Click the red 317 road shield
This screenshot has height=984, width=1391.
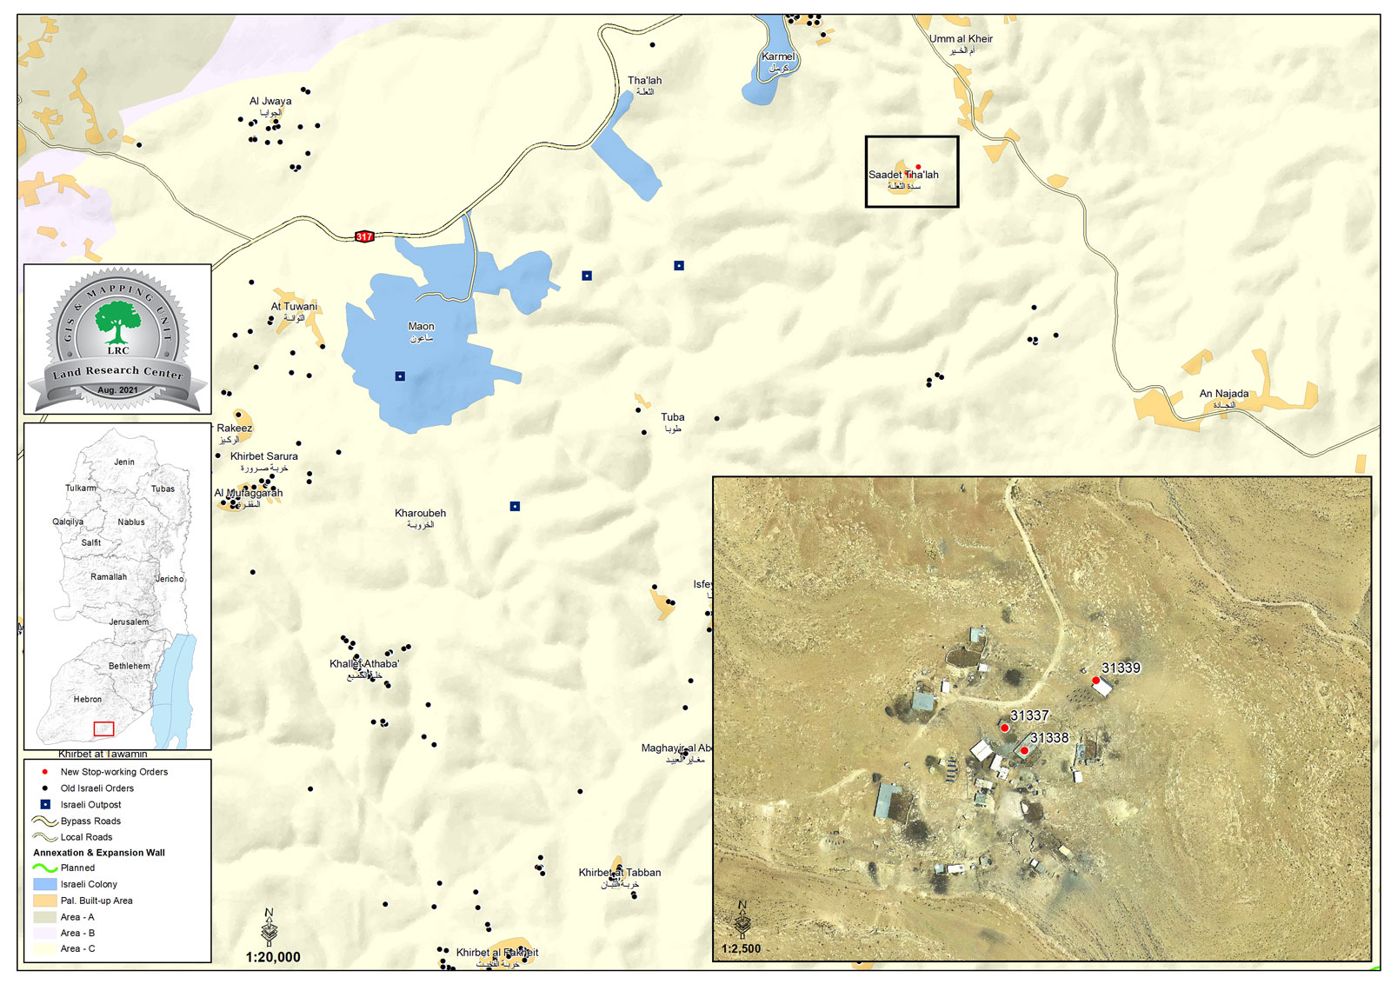[364, 236]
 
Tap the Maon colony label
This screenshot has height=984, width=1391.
[421, 327]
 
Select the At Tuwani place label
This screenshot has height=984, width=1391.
[294, 306]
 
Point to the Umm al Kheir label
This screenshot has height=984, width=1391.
[961, 39]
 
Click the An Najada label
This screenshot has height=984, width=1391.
[1223, 394]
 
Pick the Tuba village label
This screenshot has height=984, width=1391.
[672, 417]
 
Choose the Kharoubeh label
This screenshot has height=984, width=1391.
[420, 514]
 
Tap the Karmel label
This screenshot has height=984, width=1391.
[778, 57]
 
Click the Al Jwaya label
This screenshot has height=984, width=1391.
[270, 102]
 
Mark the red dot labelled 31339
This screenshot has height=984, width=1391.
[1095, 680]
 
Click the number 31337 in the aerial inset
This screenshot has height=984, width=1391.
[1029, 715]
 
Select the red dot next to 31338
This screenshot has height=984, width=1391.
[1024, 750]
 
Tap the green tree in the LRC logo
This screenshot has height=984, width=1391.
[117, 321]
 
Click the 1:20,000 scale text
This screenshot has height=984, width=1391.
[273, 957]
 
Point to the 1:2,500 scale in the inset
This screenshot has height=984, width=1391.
[741, 948]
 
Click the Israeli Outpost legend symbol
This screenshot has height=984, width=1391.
[45, 805]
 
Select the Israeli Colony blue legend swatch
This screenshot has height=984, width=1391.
[45, 884]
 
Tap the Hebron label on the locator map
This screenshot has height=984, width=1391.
[88, 699]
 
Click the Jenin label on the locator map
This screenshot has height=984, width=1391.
[124, 462]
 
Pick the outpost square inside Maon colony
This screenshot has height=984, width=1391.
[400, 376]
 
